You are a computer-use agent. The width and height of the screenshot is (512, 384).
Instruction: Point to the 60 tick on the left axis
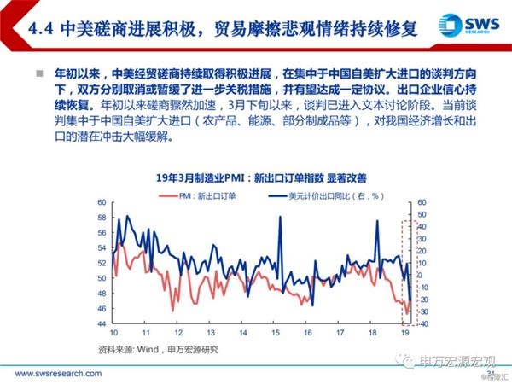(x=101, y=202)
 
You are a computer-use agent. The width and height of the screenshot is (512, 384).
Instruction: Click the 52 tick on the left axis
(x=101, y=247)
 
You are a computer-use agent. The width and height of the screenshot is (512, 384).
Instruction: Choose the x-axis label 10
(x=113, y=332)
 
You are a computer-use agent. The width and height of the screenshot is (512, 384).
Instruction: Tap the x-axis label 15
(x=276, y=332)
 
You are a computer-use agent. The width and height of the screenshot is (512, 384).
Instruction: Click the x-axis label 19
(x=404, y=332)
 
